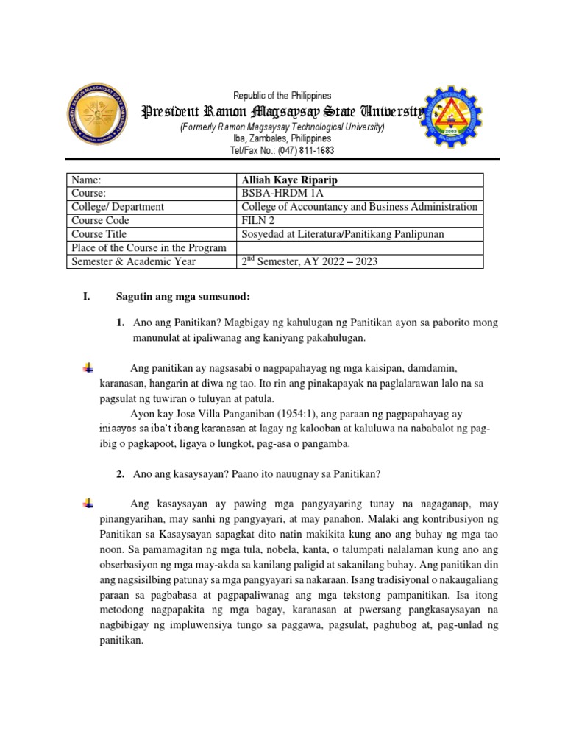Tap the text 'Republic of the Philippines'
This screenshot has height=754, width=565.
[282, 96]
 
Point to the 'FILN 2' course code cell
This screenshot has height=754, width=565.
[258, 220]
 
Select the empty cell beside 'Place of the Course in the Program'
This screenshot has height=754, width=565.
[360, 247]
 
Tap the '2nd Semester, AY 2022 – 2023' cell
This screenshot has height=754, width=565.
[309, 261]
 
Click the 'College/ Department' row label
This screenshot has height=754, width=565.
[118, 207]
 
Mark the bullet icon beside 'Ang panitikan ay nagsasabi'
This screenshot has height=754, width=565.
[88, 367]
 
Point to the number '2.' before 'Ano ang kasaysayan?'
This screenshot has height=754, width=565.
[121, 474]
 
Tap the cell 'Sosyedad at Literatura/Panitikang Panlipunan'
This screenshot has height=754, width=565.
[341, 233]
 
